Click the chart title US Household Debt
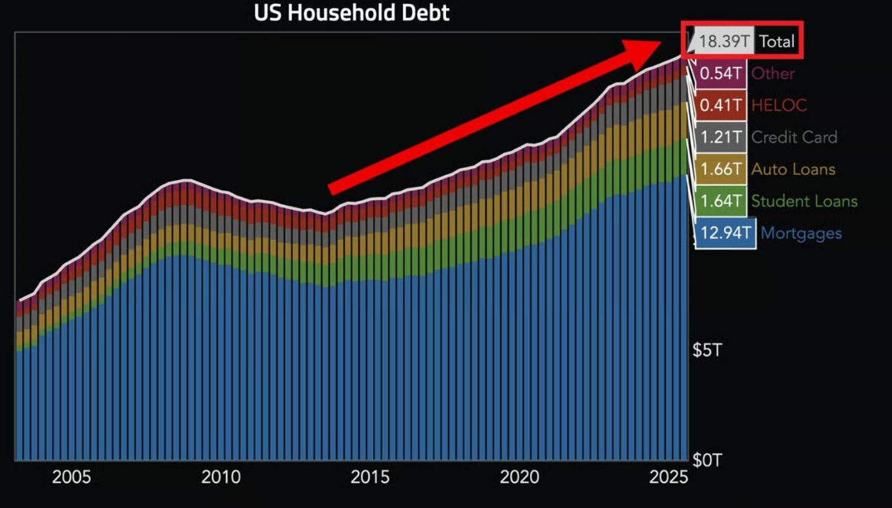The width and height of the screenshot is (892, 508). pos(352,13)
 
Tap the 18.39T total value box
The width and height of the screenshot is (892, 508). pos(723,42)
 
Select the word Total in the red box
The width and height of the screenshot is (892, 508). pos(777,42)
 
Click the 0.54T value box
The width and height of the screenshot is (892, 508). pos(721,74)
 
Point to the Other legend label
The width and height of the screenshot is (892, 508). pos(773,74)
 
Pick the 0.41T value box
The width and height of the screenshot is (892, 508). pos(721,106)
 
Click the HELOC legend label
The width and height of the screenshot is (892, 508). pos(779,106)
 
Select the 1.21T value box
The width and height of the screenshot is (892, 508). pos(721,138)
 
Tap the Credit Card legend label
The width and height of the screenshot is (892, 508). pos(794,138)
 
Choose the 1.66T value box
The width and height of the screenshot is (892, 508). pos(721,170)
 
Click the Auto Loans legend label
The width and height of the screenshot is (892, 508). pos(793,170)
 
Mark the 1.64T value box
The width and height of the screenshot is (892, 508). pos(721,202)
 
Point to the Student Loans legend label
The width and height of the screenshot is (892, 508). pos(804,202)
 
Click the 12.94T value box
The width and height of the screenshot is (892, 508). pos(726,234)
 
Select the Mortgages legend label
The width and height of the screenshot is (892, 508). pos(801,234)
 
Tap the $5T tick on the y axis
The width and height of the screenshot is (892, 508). pos(706,350)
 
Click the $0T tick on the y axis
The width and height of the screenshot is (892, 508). pos(706,461)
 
